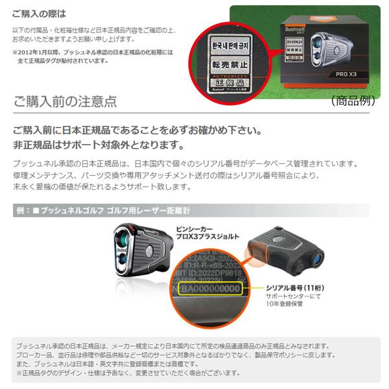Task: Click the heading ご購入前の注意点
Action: coord(65,102)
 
